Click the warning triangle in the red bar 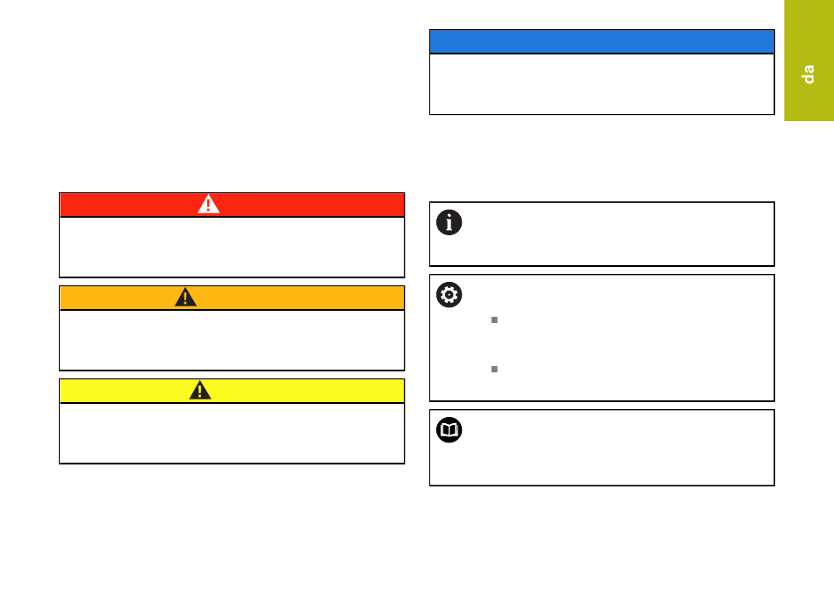point(208,205)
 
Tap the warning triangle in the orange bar point(185,298)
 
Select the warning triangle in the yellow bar point(200,391)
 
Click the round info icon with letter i point(449,223)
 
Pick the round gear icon point(449,296)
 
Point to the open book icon point(449,430)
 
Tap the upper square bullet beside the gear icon point(494,321)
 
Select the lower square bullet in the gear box point(494,370)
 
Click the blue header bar point(601,41)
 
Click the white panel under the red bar point(232,247)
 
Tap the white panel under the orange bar point(232,340)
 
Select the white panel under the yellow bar point(232,433)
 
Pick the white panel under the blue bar point(601,84)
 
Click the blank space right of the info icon point(615,234)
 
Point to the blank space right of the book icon point(615,447)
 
